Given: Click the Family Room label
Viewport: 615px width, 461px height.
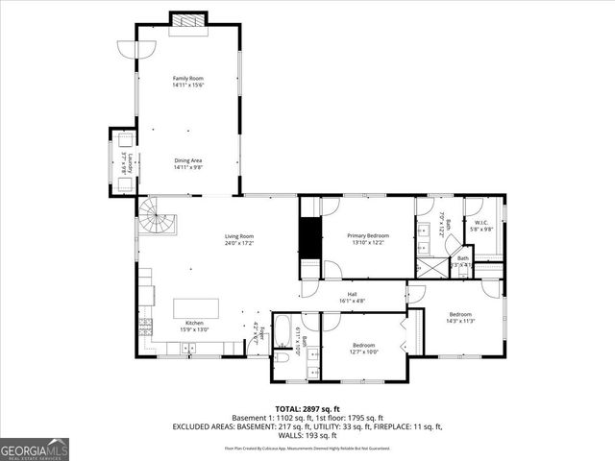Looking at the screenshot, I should [187, 82].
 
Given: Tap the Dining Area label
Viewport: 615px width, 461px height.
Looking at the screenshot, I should [187, 163].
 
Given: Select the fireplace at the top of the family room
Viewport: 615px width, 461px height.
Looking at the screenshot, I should [187, 20].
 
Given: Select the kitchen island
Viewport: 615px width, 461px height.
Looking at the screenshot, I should [195, 308].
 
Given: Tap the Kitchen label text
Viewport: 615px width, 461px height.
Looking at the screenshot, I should [194, 327].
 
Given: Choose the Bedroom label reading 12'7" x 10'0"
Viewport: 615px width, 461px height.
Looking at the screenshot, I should [363, 347].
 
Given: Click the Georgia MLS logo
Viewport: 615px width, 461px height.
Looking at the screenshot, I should [35, 449].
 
